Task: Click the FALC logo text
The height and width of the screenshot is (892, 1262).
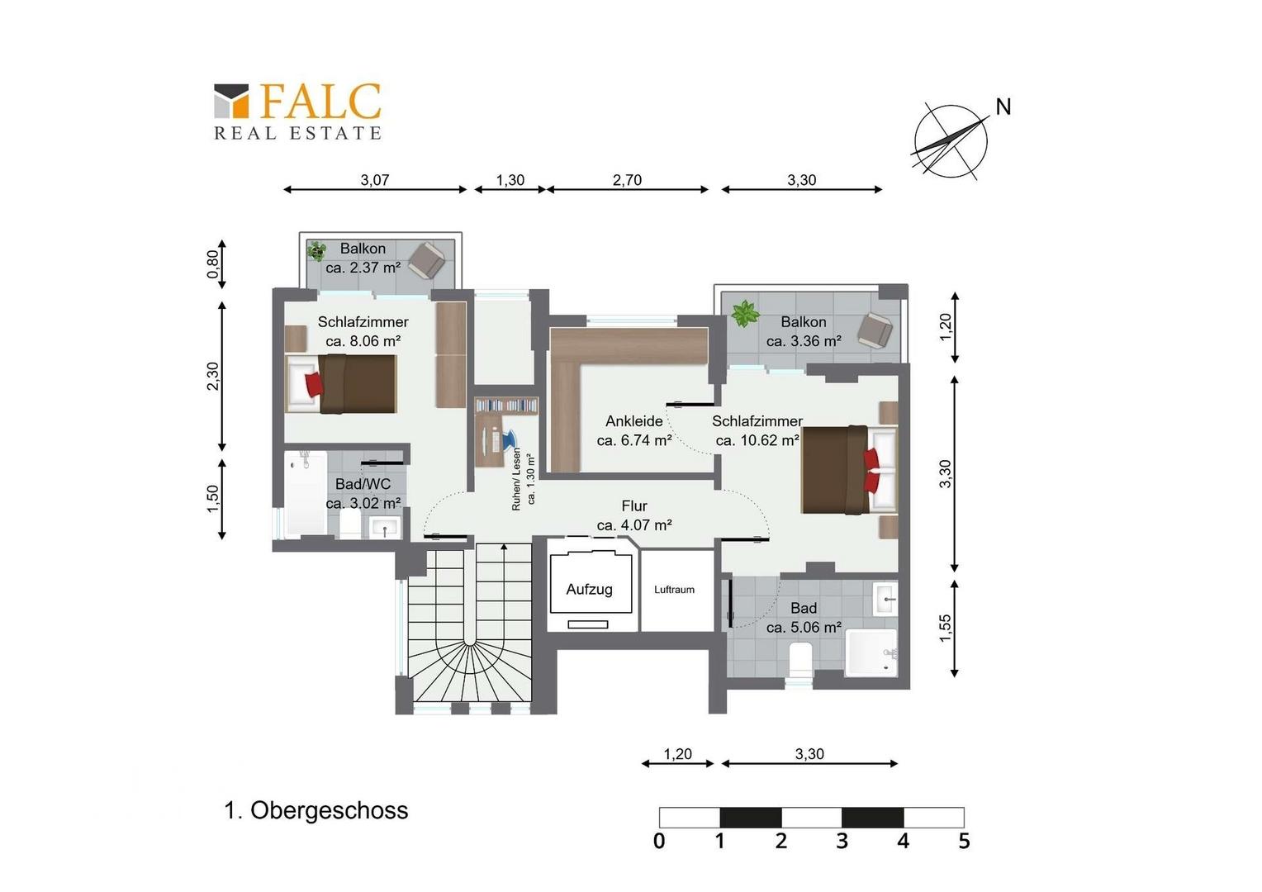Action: click(320, 102)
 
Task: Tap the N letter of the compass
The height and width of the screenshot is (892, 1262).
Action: click(1003, 107)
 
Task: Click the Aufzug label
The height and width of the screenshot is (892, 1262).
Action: click(590, 590)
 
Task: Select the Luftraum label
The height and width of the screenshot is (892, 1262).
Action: click(675, 590)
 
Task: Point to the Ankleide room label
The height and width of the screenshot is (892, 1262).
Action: click(633, 421)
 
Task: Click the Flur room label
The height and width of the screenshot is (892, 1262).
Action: click(634, 505)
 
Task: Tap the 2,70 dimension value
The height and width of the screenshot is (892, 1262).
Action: click(627, 180)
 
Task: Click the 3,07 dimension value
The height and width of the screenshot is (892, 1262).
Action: click(375, 180)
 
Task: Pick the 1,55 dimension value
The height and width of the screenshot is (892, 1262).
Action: click(946, 628)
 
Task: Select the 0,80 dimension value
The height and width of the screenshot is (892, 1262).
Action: click(212, 263)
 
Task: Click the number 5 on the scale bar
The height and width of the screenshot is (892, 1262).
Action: click(964, 841)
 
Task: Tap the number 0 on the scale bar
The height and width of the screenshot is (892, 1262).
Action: click(659, 841)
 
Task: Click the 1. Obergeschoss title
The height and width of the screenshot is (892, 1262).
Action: click(316, 811)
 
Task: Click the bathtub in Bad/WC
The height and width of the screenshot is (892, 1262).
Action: click(306, 493)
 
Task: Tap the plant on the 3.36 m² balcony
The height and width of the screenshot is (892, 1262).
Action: click(745, 313)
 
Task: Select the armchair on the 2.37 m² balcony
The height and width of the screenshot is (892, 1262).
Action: click(427, 260)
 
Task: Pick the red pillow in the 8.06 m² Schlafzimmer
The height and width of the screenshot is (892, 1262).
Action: click(314, 384)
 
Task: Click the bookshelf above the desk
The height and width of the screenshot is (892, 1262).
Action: click(506, 405)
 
